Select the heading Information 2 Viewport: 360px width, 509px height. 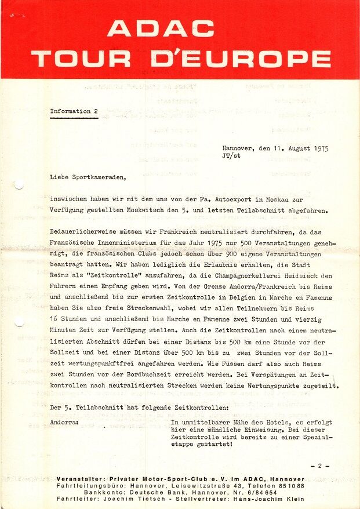pos(74,111)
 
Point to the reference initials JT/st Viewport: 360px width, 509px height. pos(231,155)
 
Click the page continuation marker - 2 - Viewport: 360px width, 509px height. pos(320,466)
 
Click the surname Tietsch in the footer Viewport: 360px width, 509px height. pos(159,499)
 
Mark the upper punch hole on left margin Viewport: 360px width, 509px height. pos(19,185)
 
